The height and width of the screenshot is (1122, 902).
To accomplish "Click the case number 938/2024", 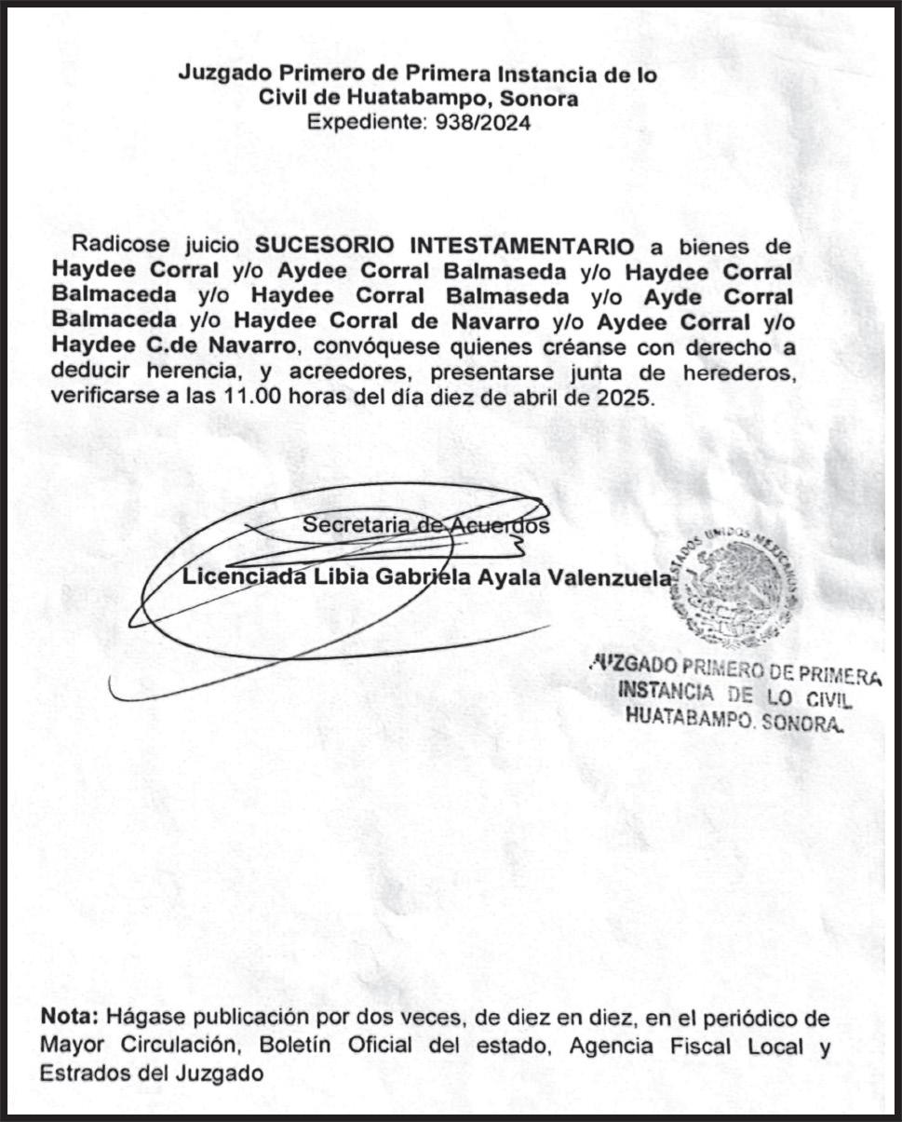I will [x=483, y=122].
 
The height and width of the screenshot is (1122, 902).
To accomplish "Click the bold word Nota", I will [x=71, y=1019].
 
